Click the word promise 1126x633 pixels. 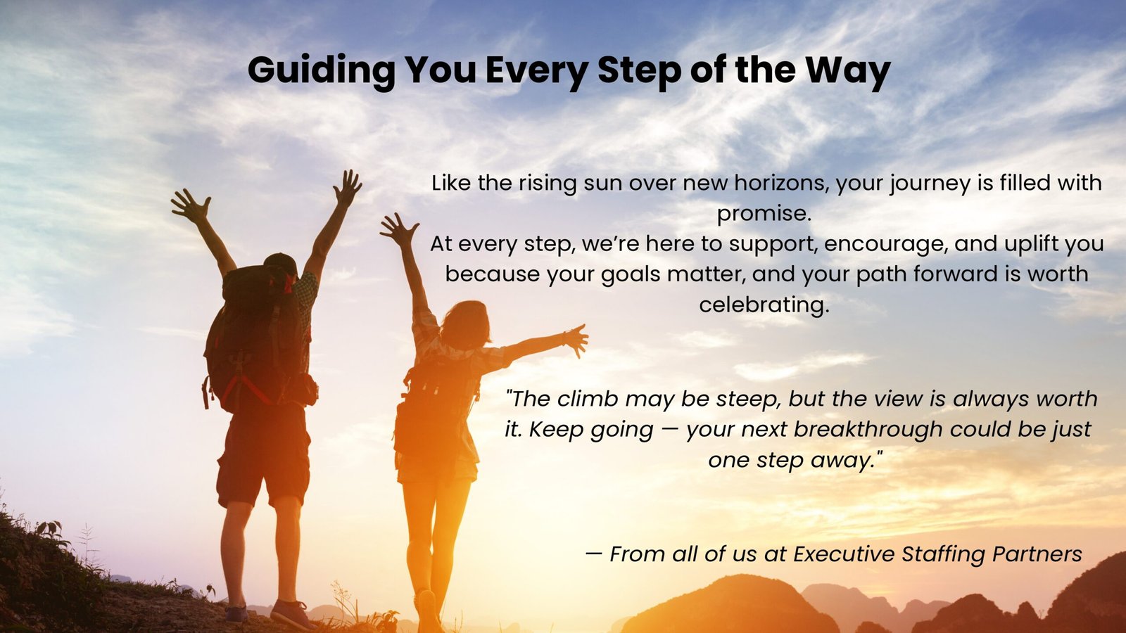point(764,215)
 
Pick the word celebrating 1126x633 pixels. point(764,305)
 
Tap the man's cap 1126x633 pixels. point(281,263)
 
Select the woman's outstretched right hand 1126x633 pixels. point(576,340)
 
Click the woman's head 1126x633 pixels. point(465,325)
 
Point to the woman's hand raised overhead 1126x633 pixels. point(398,229)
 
